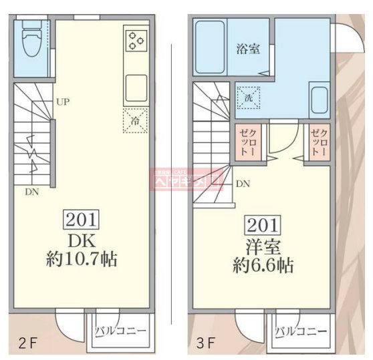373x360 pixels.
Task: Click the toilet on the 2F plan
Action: coord(31,41)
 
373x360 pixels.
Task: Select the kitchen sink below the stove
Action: coord(136,86)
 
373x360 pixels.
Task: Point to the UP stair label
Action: coord(63,102)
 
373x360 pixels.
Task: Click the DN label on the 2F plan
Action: coord(31,192)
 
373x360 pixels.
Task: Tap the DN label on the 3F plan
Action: coord(243,183)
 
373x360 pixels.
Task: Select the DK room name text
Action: coord(81,239)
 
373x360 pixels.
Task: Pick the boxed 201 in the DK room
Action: coord(81,218)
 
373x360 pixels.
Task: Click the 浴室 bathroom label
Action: coord(248,48)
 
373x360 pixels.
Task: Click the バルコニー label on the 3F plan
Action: coord(300,331)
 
